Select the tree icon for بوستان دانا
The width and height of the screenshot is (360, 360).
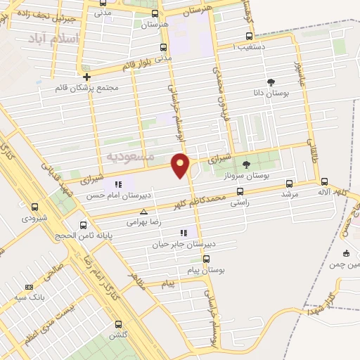(271, 82)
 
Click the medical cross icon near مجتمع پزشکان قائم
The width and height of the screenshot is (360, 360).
(87, 77)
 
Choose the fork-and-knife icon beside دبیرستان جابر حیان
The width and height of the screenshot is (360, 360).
(184, 233)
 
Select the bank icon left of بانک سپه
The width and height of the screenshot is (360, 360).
(29, 287)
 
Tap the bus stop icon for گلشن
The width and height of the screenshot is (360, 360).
(118, 325)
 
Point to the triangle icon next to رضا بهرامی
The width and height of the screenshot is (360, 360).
(144, 211)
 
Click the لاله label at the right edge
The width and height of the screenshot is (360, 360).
(323, 191)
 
